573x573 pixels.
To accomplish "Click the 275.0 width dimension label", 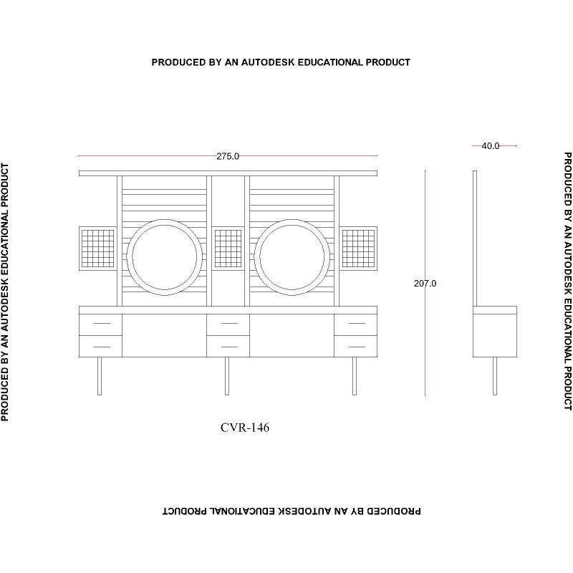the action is [x=228, y=156].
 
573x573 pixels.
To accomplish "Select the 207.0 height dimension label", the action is [x=425, y=283].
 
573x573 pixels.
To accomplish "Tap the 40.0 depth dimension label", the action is [x=491, y=146].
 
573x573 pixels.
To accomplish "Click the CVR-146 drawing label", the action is [x=245, y=427].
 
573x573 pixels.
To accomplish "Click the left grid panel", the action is [x=98, y=249].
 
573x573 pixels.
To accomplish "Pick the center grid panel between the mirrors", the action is [x=228, y=249].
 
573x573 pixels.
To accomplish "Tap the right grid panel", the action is [x=359, y=249].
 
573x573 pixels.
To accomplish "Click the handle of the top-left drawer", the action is [x=102, y=324].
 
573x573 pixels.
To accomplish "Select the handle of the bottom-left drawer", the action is [x=102, y=347].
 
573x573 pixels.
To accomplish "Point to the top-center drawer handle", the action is [x=229, y=324].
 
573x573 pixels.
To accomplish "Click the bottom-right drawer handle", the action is [x=357, y=347].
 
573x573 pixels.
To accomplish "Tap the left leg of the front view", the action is [x=100, y=376].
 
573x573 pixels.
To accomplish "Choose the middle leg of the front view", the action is [x=227, y=376].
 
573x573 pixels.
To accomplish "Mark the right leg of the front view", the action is [x=355, y=376].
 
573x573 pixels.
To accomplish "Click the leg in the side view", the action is [x=495, y=376].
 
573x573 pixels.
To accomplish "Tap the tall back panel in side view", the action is [x=475, y=239].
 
